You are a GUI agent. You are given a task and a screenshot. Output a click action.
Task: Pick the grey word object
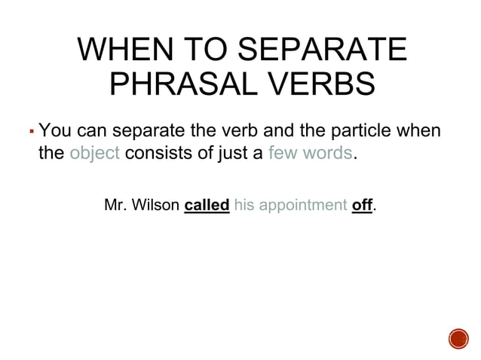(94, 154)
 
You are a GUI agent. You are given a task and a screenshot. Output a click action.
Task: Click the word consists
(158, 154)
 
